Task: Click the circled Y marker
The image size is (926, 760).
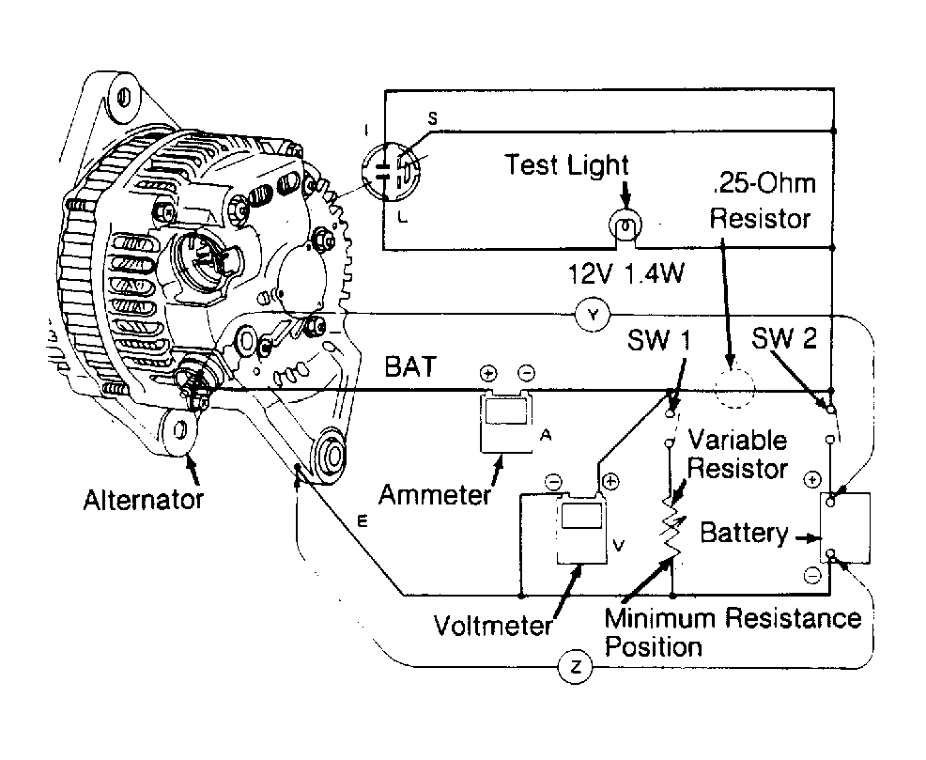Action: click(x=593, y=315)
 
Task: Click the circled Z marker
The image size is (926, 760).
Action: click(x=575, y=667)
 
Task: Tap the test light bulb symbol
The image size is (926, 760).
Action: click(x=625, y=225)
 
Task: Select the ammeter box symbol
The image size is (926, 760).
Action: click(x=507, y=423)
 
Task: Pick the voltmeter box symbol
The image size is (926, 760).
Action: click(x=581, y=530)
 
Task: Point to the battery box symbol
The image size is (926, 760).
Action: click(x=845, y=527)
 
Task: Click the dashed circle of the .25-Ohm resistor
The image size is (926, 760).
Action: click(x=734, y=387)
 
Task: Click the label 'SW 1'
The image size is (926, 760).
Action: click(x=658, y=340)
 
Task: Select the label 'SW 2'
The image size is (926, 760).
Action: click(x=783, y=338)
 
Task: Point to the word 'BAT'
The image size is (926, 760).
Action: click(x=410, y=366)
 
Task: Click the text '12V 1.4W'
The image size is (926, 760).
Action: click(x=626, y=273)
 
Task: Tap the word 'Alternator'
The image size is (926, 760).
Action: click(x=143, y=500)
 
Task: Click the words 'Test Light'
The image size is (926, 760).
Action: click(x=566, y=164)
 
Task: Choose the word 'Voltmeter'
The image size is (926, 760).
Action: click(x=493, y=626)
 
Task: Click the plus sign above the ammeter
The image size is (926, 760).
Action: click(x=487, y=373)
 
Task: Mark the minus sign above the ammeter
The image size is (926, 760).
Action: click(x=526, y=373)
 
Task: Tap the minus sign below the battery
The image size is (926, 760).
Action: click(x=813, y=576)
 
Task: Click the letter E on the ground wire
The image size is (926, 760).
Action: click(x=362, y=520)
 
